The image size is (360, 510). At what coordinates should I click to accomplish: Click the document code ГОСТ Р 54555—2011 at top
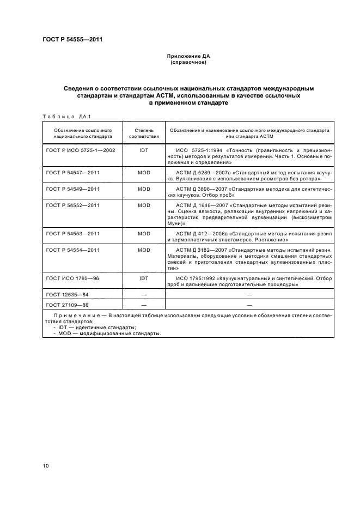pyautogui.click(x=72, y=39)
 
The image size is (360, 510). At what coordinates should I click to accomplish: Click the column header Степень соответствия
pyautogui.click(x=144, y=134)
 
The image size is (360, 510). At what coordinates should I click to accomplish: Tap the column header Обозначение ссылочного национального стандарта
pyautogui.click(x=83, y=134)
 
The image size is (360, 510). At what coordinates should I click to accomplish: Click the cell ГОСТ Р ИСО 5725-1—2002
pyautogui.click(x=81, y=150)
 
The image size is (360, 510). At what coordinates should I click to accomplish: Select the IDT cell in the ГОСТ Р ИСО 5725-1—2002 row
pyautogui.click(x=144, y=150)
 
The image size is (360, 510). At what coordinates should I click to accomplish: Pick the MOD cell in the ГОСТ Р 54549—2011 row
pyautogui.click(x=144, y=189)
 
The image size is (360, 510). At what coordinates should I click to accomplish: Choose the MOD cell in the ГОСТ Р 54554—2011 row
pyautogui.click(x=144, y=250)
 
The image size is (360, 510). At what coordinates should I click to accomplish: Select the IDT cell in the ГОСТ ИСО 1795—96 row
pyautogui.click(x=144, y=278)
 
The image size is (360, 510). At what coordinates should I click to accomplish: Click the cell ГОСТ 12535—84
pyautogui.click(x=68, y=294)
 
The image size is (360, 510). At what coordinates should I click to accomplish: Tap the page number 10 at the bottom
pyautogui.click(x=46, y=465)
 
